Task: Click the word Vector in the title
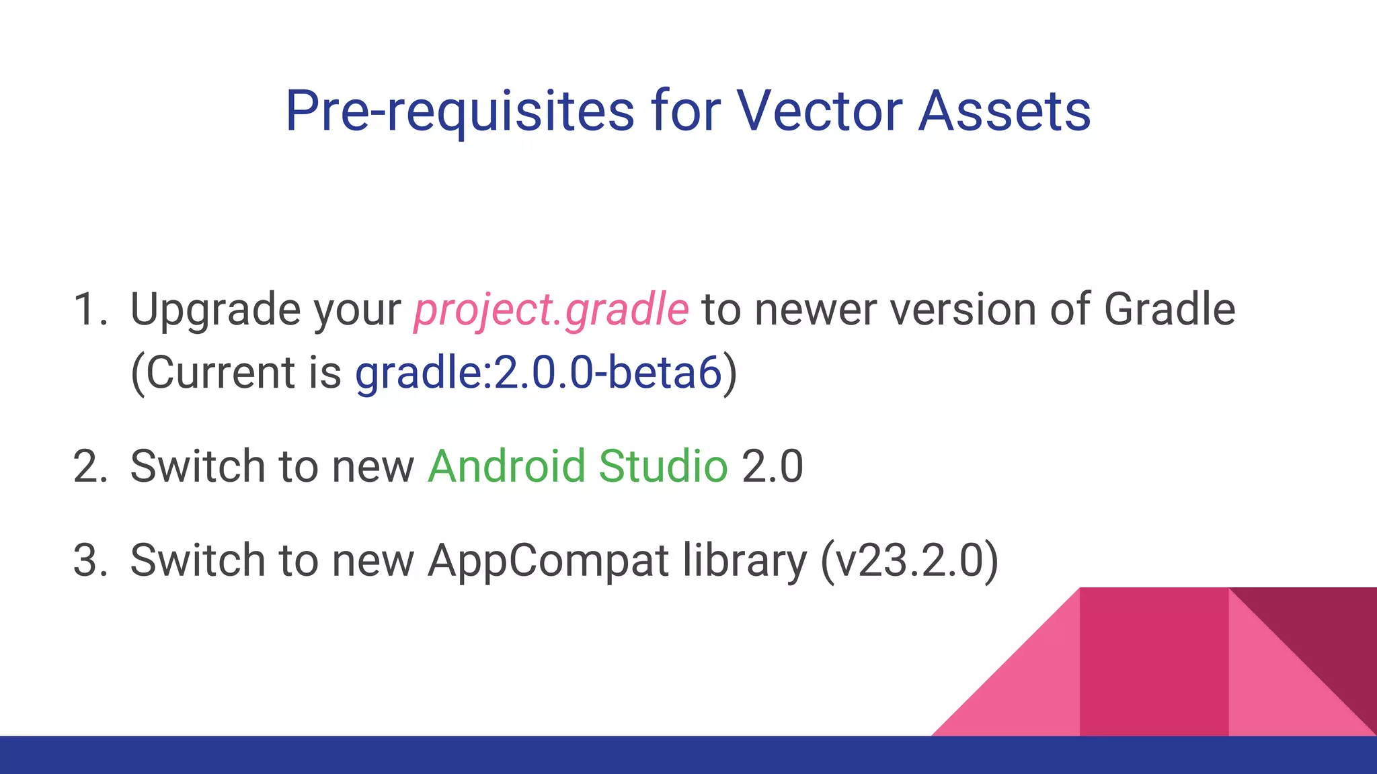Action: click(x=819, y=111)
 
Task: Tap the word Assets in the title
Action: click(x=1005, y=111)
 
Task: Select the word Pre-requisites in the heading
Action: click(x=459, y=112)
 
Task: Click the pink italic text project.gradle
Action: click(x=551, y=310)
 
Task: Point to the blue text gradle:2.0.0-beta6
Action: click(x=538, y=373)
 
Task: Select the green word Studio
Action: click(x=663, y=466)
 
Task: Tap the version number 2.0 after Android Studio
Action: click(x=773, y=466)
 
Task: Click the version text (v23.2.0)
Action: click(x=909, y=560)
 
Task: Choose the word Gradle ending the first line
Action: click(x=1169, y=310)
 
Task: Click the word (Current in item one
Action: click(x=212, y=373)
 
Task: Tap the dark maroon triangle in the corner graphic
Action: click(x=1328, y=632)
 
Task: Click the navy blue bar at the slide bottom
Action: click(x=471, y=755)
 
